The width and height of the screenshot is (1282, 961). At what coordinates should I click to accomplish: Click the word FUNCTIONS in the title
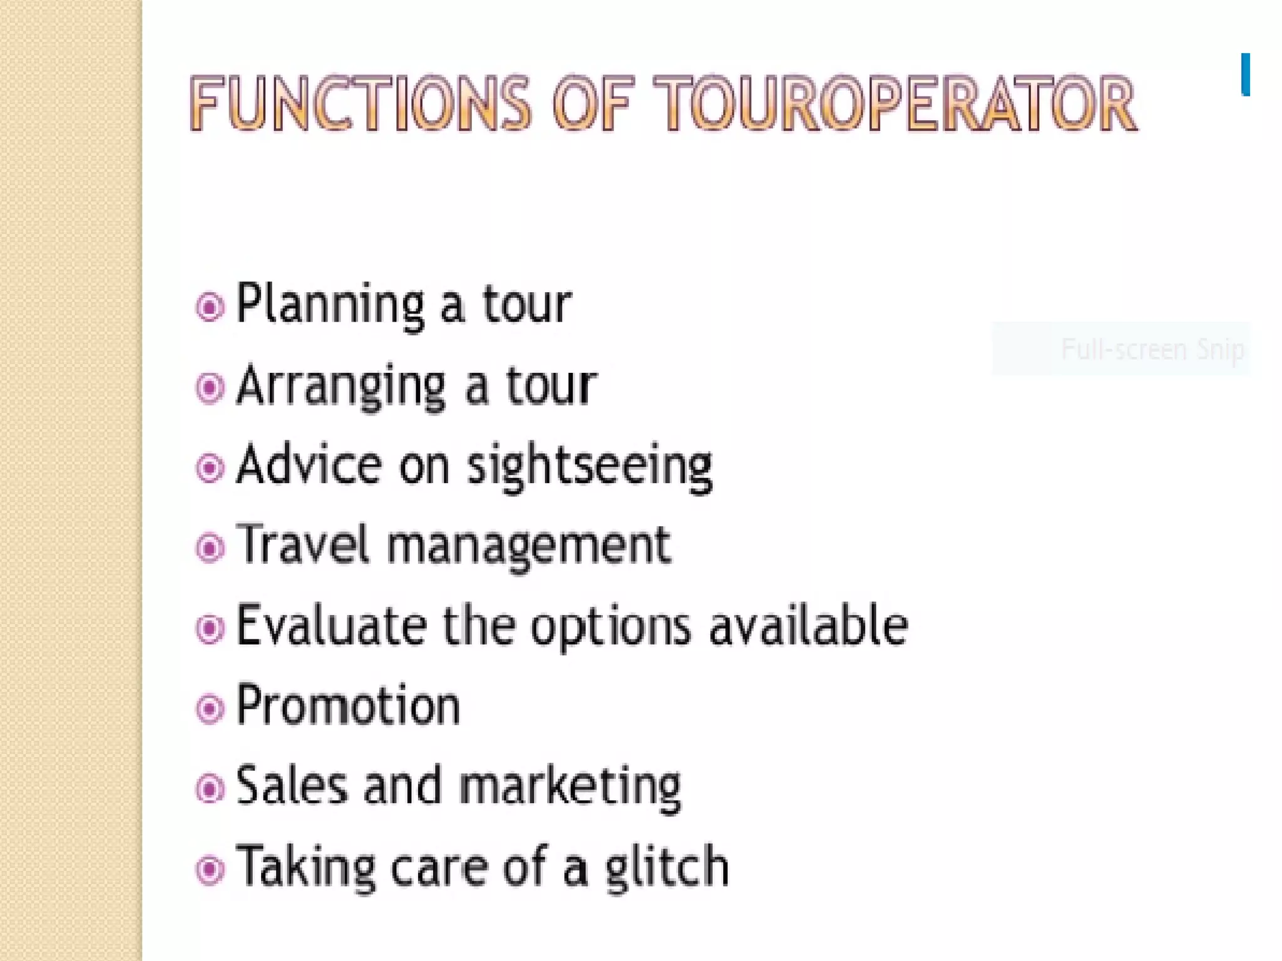pos(360,103)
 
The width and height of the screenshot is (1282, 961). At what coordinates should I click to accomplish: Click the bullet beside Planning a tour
pos(210,307)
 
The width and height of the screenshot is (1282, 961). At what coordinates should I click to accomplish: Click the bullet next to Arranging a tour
pos(210,387)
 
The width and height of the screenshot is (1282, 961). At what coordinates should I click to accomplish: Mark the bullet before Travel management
pos(210,548)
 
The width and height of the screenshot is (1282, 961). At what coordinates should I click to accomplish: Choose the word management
pos(529,547)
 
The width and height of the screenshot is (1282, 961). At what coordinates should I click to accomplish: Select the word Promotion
pos(348,706)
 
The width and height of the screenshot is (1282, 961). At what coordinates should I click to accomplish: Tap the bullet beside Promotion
pos(210,709)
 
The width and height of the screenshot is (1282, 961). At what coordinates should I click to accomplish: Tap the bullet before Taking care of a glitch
pos(210,869)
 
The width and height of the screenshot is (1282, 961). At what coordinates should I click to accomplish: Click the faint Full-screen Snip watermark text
pos(1152,349)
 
